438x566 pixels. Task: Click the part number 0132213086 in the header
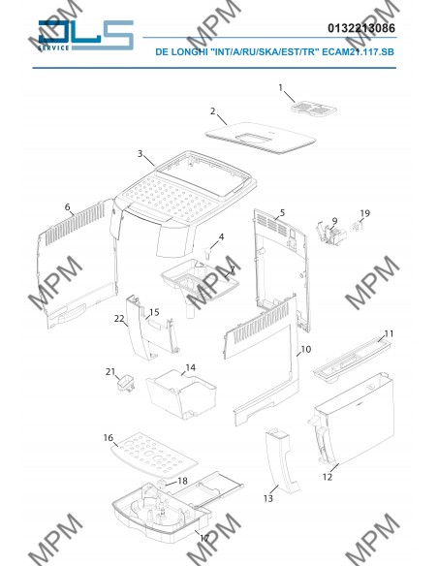click(361, 28)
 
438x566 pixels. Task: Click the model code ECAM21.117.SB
click(358, 52)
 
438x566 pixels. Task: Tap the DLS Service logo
click(86, 35)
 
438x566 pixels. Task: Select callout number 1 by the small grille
click(281, 87)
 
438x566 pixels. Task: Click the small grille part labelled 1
click(314, 108)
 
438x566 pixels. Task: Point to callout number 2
click(213, 110)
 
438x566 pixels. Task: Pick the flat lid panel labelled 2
click(260, 138)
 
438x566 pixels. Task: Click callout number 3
click(141, 153)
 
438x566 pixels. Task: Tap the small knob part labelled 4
click(207, 252)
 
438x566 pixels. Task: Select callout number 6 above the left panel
click(68, 207)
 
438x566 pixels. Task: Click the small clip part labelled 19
click(358, 227)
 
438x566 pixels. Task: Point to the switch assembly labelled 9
click(330, 235)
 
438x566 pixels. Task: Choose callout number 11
click(389, 333)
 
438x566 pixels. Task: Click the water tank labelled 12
click(352, 420)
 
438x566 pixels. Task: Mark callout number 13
click(268, 498)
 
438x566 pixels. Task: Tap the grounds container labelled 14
click(181, 395)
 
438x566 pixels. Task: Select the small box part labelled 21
click(126, 383)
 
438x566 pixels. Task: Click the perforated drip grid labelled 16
click(154, 455)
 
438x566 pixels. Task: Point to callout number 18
click(182, 481)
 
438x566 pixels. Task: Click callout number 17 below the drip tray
click(204, 538)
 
